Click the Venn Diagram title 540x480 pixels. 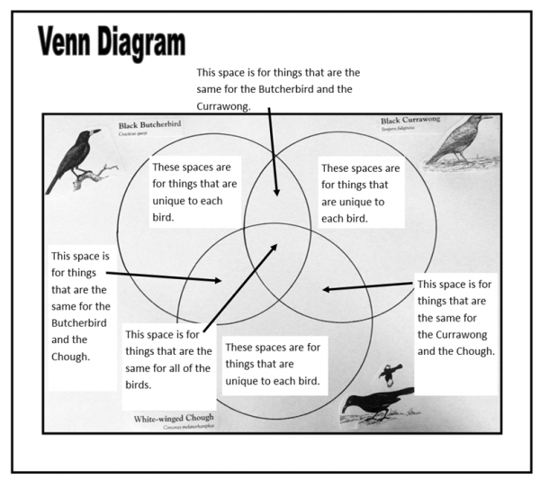pos(112,42)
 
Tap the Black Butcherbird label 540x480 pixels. pos(146,127)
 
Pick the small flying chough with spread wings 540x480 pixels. pos(390,372)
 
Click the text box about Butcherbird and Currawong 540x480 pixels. pos(278,87)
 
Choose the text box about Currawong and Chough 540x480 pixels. pos(455,317)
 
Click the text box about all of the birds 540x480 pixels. pos(168,358)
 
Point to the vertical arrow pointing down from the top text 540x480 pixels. pos(272,153)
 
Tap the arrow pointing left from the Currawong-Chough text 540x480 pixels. pos(367,287)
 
